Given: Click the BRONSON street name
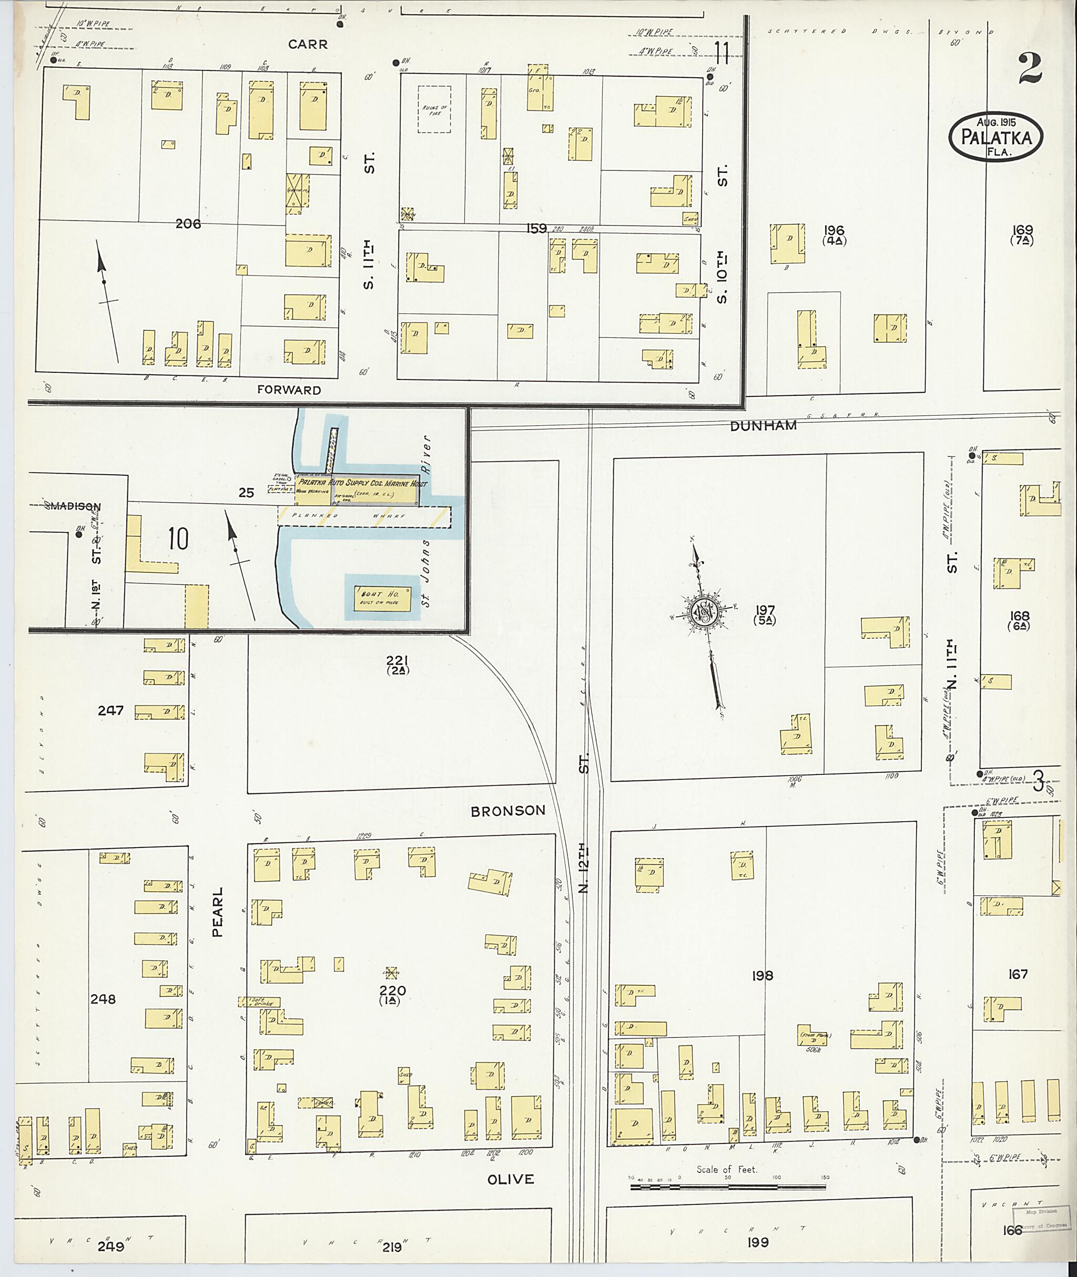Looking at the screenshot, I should coord(508,811).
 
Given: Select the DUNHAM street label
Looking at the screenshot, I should coord(763,426).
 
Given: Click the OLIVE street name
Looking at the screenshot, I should coord(511,1179).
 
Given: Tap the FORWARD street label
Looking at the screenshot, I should coord(289,390).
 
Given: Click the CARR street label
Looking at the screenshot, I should coord(308,45).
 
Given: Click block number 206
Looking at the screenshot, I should coord(188,224).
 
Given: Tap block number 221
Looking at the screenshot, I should coord(397,660).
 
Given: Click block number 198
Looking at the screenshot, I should coord(763,975).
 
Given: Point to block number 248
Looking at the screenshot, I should coord(103,999).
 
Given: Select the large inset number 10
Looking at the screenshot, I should coord(178,539).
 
